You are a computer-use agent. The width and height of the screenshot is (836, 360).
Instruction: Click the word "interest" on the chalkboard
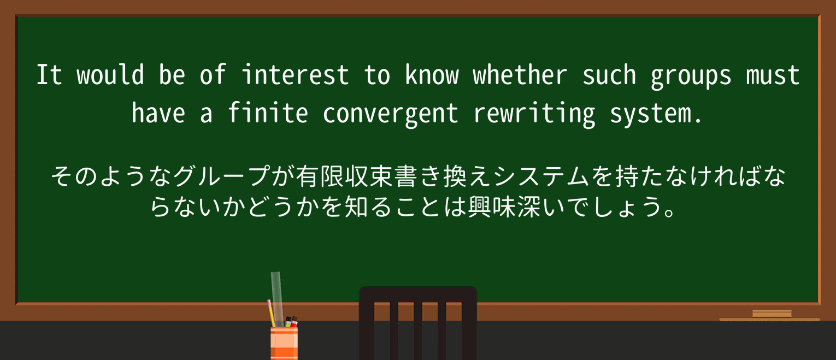295,75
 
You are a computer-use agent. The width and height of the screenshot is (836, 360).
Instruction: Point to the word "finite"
268,114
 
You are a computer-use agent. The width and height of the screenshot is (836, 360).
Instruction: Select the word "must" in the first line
773,75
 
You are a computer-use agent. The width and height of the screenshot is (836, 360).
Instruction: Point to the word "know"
432,75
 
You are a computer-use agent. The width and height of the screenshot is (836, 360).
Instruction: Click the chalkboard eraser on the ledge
772,314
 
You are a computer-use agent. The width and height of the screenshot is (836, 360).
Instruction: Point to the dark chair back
417,322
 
